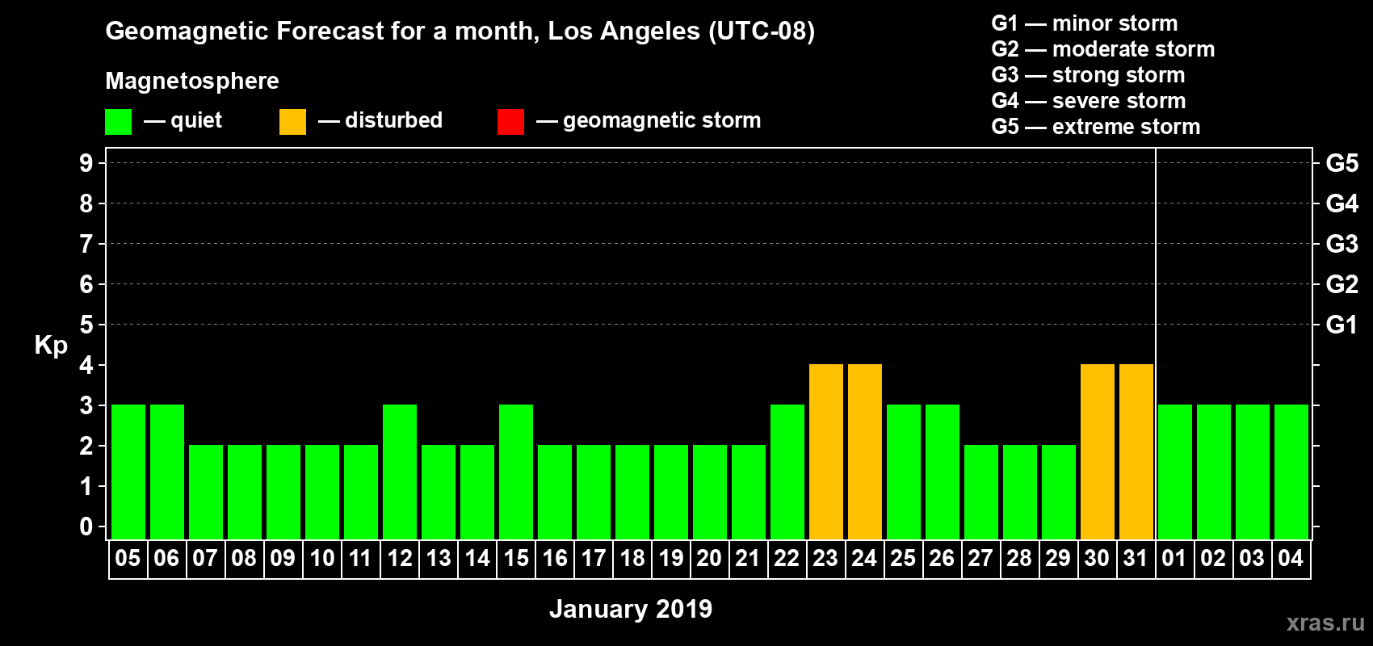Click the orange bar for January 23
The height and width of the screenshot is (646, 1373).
[826, 451]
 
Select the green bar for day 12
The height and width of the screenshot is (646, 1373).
[400, 472]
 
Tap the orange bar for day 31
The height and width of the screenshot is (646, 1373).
[1136, 451]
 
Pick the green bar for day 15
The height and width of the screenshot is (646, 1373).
[516, 472]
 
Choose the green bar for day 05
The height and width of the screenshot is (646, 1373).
[128, 472]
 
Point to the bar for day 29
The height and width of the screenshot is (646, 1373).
[1059, 492]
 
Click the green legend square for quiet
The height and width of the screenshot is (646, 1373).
[119, 122]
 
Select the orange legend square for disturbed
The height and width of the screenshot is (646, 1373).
[292, 122]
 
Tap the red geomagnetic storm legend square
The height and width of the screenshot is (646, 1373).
[510, 122]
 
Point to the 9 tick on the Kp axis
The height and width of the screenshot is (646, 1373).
[86, 163]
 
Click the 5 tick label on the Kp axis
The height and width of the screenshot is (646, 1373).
[86, 325]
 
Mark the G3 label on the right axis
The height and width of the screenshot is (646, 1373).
[1342, 244]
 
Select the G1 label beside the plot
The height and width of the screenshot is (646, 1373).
[1342, 325]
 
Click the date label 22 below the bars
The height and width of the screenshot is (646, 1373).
[787, 558]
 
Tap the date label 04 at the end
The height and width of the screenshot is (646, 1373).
[1291, 558]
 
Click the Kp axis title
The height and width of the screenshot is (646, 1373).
[51, 346]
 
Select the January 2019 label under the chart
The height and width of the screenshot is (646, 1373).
[631, 609]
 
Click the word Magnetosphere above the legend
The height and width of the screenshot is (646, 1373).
[192, 81]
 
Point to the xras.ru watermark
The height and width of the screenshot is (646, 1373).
[1325, 622]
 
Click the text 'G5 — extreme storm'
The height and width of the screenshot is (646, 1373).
[1096, 127]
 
